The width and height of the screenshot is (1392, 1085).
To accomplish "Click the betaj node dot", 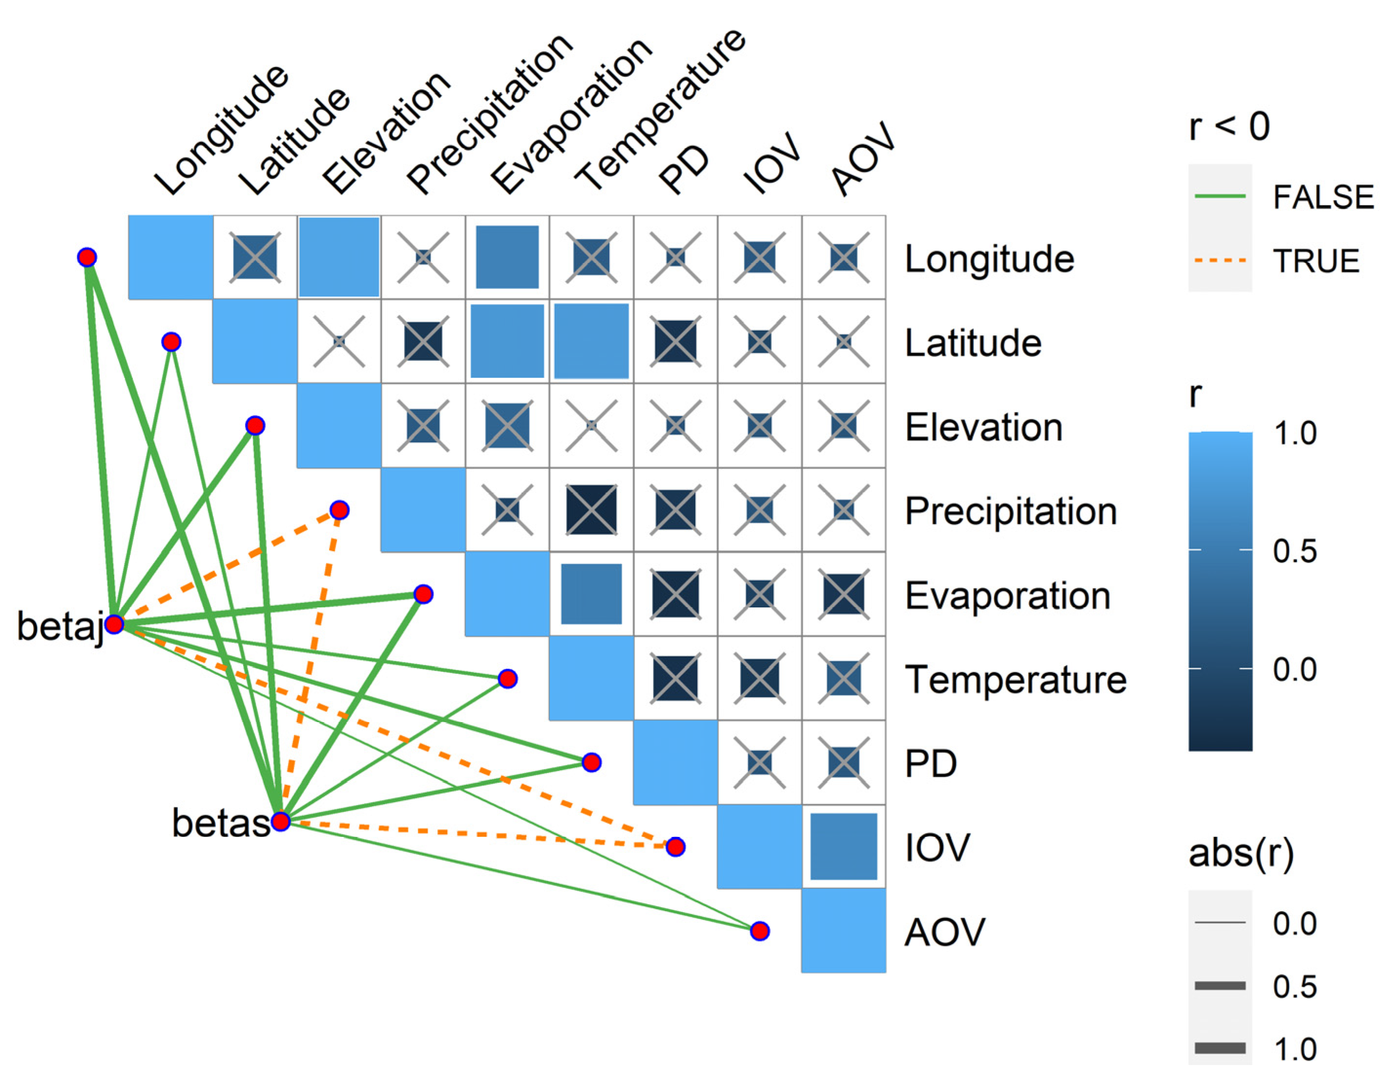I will pos(114,624).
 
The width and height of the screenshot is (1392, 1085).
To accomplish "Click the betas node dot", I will pos(280,821).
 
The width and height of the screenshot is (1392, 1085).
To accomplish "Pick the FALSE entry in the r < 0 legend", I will pos(1323,197).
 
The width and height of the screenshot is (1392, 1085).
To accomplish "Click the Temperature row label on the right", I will pos(1015,679).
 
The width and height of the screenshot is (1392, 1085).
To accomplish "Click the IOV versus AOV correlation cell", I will pos(843,846).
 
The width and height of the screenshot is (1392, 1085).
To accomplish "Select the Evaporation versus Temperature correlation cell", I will pos(591,594).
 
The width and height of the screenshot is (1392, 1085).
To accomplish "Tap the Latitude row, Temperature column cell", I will pos(591,341).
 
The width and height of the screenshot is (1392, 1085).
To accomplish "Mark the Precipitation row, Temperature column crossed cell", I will pos(591,510).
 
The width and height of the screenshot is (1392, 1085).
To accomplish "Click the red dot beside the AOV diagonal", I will pos(759,931).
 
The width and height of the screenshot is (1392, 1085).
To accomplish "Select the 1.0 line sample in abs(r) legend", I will pos(1220,1047).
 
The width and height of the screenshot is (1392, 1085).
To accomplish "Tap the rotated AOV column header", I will pos(864,159).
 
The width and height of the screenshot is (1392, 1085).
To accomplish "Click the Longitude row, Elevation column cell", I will pos(338,257).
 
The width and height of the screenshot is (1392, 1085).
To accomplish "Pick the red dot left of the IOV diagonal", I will pos(675,846).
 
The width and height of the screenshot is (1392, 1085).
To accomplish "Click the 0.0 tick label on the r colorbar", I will pos(1294,669).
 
